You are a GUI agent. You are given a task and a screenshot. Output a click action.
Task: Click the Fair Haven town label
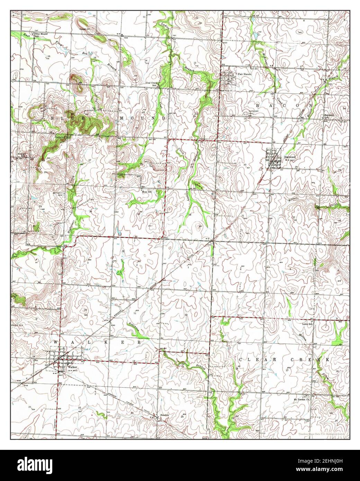click(244, 74)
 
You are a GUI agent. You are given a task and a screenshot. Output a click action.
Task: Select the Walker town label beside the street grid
click(72, 367)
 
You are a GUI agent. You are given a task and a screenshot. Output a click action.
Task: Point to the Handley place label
click(164, 415)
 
